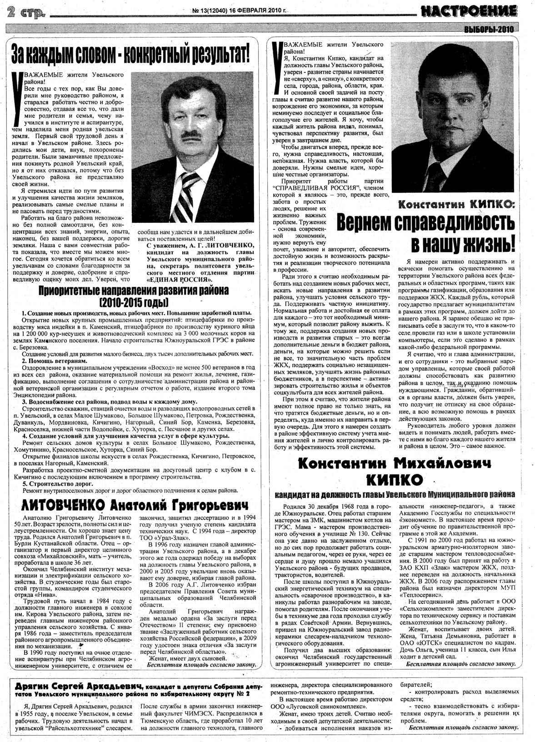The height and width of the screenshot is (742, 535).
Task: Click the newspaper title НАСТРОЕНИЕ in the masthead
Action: (x=468, y=10)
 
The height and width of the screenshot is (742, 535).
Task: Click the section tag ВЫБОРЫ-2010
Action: (x=488, y=30)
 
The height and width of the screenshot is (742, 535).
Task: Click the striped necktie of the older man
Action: (x=184, y=193)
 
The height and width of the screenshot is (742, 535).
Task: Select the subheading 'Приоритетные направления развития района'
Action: (x=133, y=291)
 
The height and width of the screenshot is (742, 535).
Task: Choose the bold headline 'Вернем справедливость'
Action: (x=426, y=223)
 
